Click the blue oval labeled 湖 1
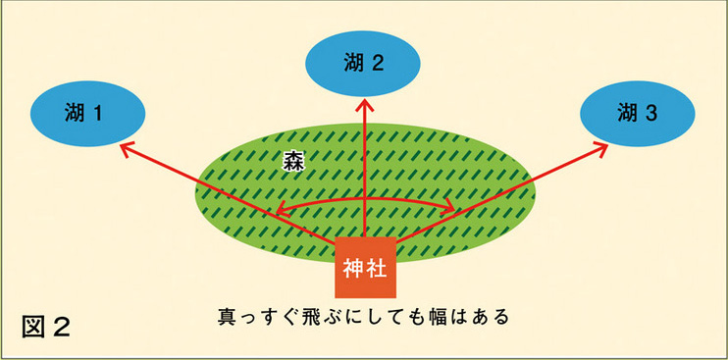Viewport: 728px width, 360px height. coord(87,114)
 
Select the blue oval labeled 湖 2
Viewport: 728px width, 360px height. coord(364,64)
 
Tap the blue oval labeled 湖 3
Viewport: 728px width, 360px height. coord(638,114)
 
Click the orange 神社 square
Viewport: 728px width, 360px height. coord(365,267)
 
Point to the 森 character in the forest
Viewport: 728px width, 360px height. coord(293,163)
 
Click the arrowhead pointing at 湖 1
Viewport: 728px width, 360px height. coord(127,149)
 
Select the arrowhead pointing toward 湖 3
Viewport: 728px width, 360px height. coord(600,149)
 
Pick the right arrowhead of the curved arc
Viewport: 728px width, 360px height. coord(447,207)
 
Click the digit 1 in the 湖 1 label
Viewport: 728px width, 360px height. coord(97,114)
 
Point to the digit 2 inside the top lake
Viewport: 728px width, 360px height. coord(378,64)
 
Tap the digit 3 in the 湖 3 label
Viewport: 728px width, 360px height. coord(651,114)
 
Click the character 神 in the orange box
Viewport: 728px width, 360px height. coord(353,269)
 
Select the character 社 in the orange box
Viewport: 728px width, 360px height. coord(377,269)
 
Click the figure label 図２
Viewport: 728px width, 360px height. coord(46,327)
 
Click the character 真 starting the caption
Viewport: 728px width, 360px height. coord(227,317)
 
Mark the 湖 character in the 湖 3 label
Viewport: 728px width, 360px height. coord(627,114)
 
